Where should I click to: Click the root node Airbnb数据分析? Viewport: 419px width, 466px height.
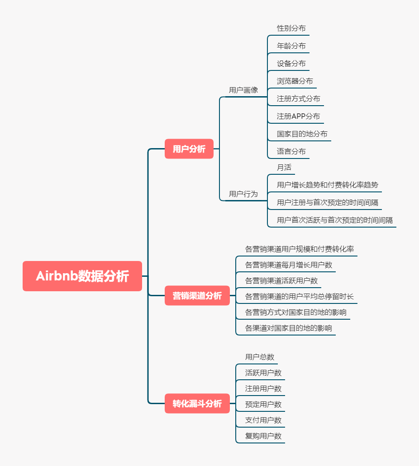(82, 276)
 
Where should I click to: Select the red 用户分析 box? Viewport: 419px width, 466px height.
(189, 149)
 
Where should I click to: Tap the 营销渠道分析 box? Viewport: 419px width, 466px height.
(197, 296)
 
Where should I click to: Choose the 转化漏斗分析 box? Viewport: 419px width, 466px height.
(197, 404)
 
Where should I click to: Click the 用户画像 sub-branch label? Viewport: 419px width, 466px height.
(243, 90)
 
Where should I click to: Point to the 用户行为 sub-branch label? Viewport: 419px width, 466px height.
(243, 194)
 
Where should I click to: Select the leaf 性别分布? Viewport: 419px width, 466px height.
(291, 28)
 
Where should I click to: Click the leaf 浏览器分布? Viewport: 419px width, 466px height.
(295, 81)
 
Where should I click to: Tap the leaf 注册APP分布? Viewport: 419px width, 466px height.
(299, 116)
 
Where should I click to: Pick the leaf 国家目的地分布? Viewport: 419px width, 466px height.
(302, 134)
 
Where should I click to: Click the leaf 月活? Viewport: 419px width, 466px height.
(284, 167)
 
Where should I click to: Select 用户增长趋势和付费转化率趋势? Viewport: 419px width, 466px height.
(328, 185)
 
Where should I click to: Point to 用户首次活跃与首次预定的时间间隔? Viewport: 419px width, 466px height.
(335, 220)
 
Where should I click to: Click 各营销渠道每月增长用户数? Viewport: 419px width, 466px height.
(289, 265)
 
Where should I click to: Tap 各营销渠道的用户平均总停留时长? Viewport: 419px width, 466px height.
(300, 296)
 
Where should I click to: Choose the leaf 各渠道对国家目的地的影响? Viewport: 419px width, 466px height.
(289, 328)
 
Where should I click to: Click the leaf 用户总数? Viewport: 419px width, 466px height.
(260, 357)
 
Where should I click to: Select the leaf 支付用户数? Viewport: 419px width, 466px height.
(263, 420)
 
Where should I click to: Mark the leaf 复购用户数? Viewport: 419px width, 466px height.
(263, 436)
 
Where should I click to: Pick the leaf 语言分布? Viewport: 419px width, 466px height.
(291, 151)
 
